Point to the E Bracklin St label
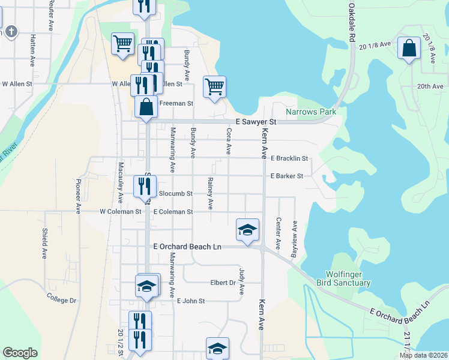coord(289,159)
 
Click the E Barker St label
coord(287,176)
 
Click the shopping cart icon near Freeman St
coord(214,86)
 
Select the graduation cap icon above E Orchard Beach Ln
coord(247,229)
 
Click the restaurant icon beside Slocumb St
coord(145,185)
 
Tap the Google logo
coord(20,353)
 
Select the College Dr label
coord(62,296)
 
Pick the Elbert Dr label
coord(223,283)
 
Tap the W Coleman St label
coord(120,212)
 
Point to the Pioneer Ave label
coord(78,196)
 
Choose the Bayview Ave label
coord(294,238)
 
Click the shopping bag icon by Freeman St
coord(146,107)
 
